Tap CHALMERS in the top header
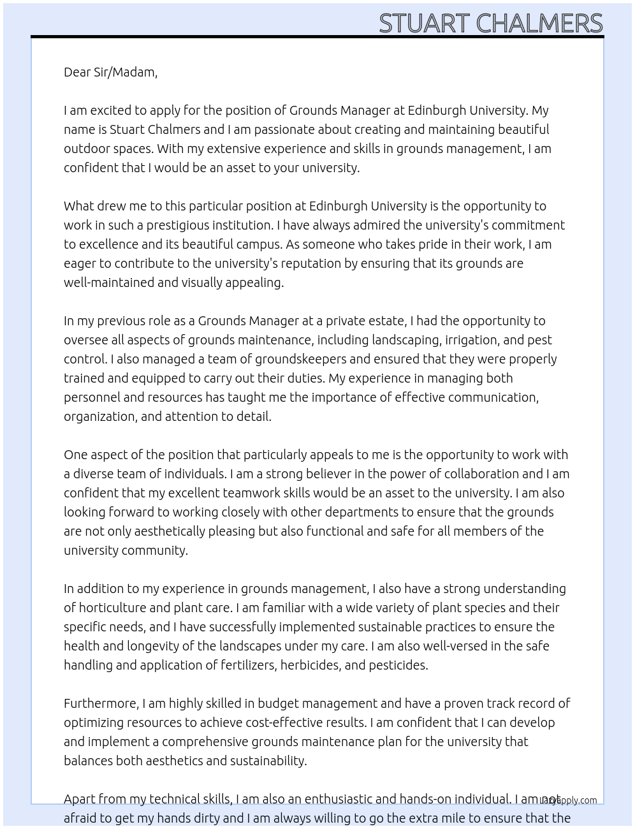(539, 24)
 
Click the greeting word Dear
(77, 72)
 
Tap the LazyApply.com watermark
(569, 800)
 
